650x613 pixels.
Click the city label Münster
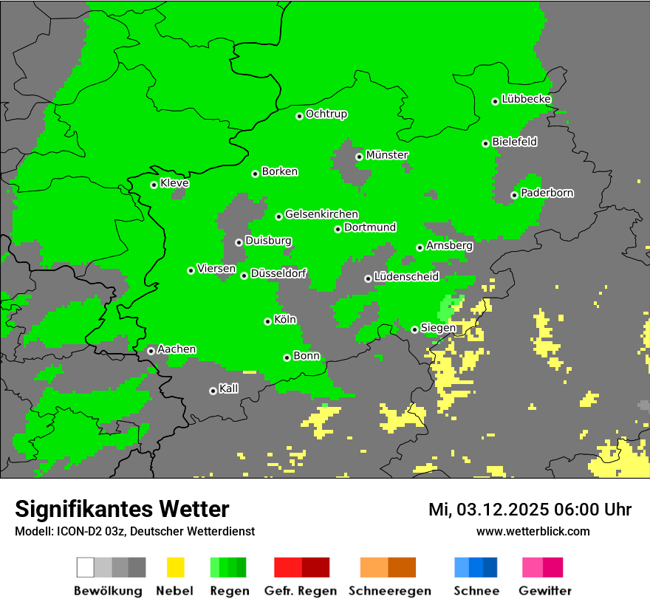click(387, 155)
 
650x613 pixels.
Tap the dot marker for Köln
click(267, 321)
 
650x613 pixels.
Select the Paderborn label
click(547, 193)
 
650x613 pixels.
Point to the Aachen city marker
click(151, 351)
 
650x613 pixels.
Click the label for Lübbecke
click(526, 99)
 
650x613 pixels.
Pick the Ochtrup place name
click(326, 114)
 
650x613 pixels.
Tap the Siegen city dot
click(414, 329)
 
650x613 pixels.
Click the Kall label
click(228, 388)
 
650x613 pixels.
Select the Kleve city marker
click(154, 185)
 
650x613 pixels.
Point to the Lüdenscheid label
click(406, 276)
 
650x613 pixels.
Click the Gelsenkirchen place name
click(321, 214)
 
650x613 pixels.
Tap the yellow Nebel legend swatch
click(175, 567)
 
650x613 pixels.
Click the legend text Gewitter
click(545, 591)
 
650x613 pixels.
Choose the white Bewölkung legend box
click(86, 567)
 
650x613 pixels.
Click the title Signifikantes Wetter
click(122, 509)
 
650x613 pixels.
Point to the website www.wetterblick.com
click(533, 531)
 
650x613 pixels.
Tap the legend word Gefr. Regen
click(301, 591)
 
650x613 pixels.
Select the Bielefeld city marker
click(485, 143)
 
